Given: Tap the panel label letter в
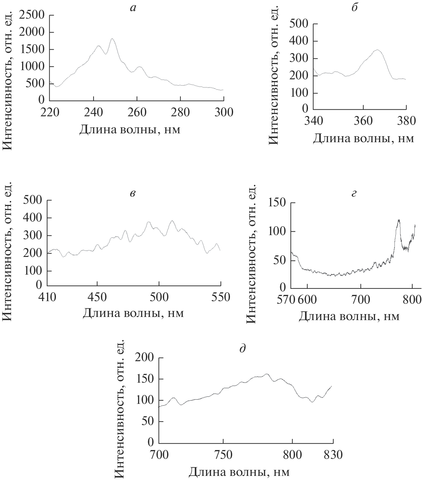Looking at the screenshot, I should click(133, 193).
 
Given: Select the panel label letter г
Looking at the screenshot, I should click(354, 193).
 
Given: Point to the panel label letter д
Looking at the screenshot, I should click(243, 349).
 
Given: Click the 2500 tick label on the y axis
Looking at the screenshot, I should click(32, 15).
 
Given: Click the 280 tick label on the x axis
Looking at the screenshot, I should click(180, 112).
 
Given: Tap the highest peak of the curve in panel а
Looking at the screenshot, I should click(112, 39).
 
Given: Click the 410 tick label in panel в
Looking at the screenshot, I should click(47, 297).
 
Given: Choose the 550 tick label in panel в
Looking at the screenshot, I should click(220, 297).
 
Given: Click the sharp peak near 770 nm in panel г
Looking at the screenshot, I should click(399, 220).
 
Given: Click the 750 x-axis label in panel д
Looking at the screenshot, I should click(223, 455).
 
